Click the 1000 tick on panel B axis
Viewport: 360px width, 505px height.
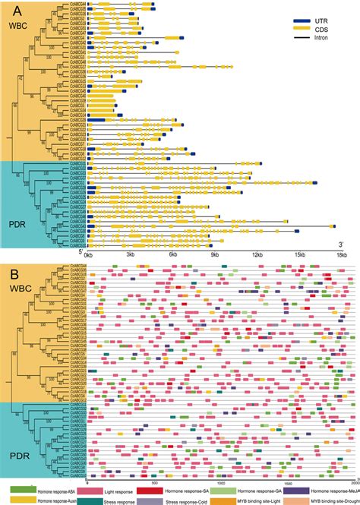tap(221, 483)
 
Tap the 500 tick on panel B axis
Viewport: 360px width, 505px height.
tap(154, 483)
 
